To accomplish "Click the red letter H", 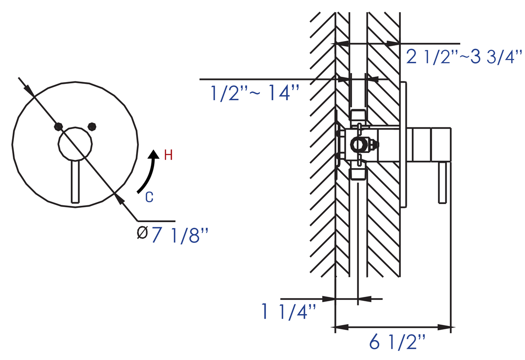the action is (x=168, y=155).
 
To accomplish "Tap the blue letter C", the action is (x=149, y=197).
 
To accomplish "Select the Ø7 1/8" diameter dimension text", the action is (x=173, y=235).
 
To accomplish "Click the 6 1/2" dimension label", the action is (x=397, y=343).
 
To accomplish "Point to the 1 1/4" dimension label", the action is (x=289, y=312).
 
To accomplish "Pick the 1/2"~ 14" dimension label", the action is (x=255, y=93).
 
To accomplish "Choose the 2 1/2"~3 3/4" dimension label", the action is (x=464, y=57).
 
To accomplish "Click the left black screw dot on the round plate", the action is (x=58, y=127).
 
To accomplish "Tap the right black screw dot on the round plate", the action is (x=92, y=127).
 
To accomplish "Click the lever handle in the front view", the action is (x=75, y=182).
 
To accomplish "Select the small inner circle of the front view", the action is (x=75, y=144).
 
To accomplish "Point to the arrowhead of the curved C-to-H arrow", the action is (x=154, y=154).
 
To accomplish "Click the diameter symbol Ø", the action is (x=142, y=233).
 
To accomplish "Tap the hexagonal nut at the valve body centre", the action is (x=358, y=144).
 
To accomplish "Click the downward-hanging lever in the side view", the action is (x=442, y=182).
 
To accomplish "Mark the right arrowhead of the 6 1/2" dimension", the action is (x=445, y=327).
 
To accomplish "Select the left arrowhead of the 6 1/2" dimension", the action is (x=342, y=327).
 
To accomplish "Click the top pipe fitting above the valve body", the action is (x=359, y=116).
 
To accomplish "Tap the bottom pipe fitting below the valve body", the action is (x=358, y=174).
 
